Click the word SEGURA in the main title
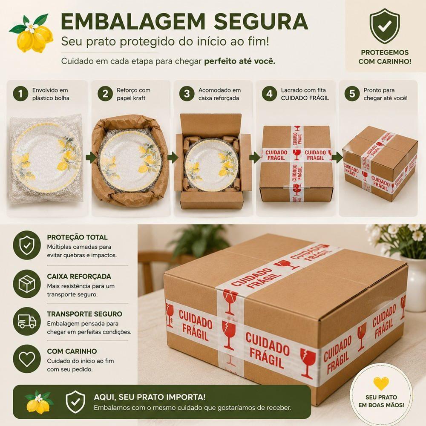[x=261, y=21]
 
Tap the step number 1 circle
[x=20, y=94]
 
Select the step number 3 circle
[x=187, y=94]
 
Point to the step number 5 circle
[x=352, y=94]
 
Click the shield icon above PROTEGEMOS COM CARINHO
[x=385, y=26]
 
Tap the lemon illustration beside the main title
[x=32, y=33]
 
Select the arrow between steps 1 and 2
[x=91, y=157]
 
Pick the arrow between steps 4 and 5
[x=337, y=157]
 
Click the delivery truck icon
[x=26, y=321]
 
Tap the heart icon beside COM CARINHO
[x=26, y=359]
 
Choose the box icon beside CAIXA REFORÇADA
[x=26, y=284]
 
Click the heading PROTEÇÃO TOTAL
[x=77, y=237]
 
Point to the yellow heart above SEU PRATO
[x=381, y=383]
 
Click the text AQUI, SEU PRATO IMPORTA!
[x=150, y=397]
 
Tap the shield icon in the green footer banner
[x=75, y=402]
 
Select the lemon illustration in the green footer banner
[x=39, y=402]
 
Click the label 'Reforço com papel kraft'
[x=133, y=94]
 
